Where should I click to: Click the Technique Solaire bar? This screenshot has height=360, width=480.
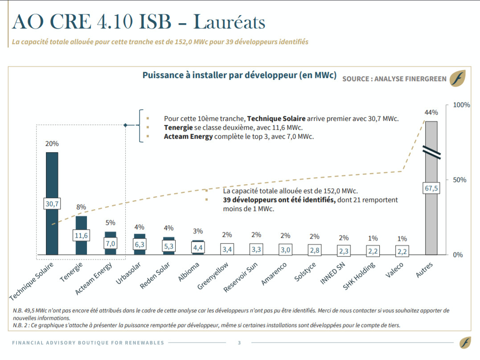tap(52, 178)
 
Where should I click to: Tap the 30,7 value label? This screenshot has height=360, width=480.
tap(52, 204)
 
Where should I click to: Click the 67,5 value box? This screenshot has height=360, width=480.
tap(431, 188)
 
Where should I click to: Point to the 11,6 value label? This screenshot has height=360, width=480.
tap(81, 235)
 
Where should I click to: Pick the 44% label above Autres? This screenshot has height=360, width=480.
tap(431, 112)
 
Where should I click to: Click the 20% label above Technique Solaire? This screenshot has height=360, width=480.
tap(52, 144)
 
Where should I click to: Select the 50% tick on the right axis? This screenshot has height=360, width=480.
tap(459, 180)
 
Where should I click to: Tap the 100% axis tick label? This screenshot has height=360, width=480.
tap(461, 105)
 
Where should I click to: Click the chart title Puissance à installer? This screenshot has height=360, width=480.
tap(239, 75)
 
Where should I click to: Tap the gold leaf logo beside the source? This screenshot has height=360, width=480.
tap(457, 78)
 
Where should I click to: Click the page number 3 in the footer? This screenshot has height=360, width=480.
tap(239, 343)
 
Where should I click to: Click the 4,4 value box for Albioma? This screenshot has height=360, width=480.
tap(198, 248)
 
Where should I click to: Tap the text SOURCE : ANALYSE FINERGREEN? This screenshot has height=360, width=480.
tap(394, 79)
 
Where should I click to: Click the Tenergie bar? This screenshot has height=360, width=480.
tap(81, 223)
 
